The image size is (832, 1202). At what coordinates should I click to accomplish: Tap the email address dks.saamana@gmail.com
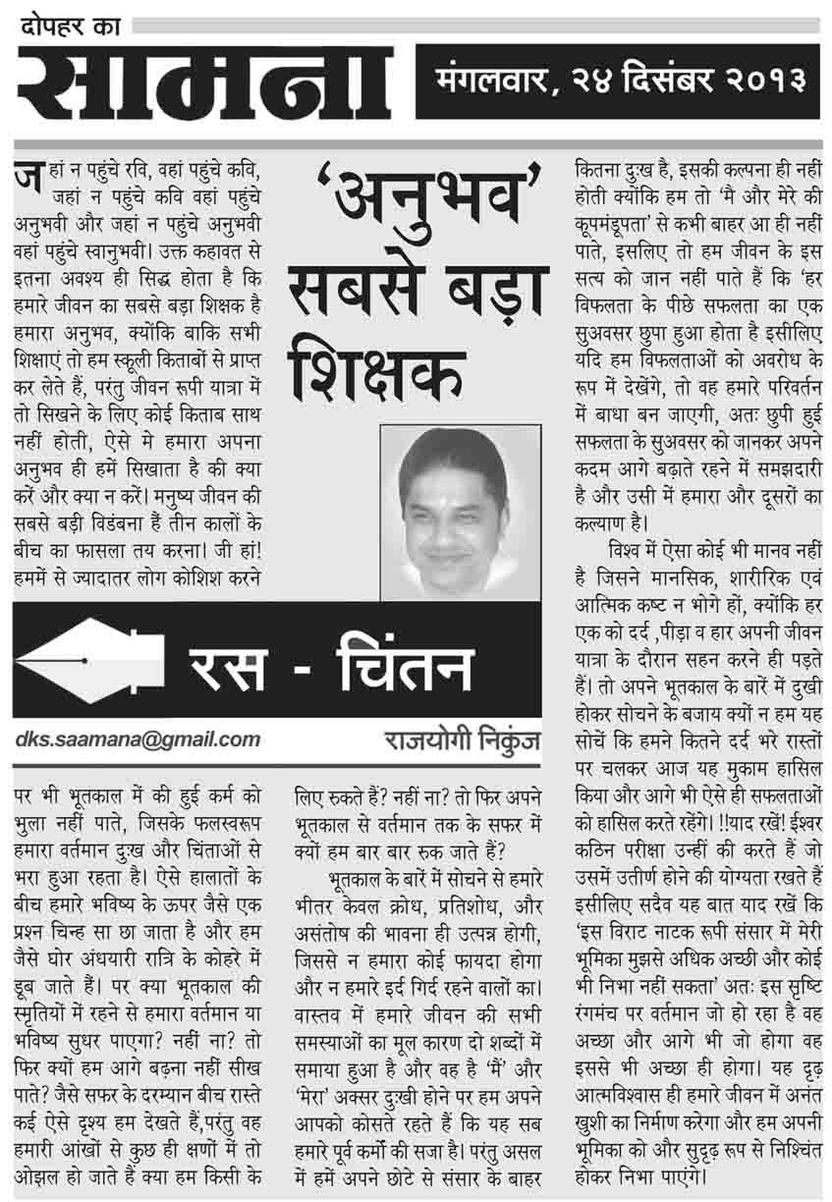point(138,739)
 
